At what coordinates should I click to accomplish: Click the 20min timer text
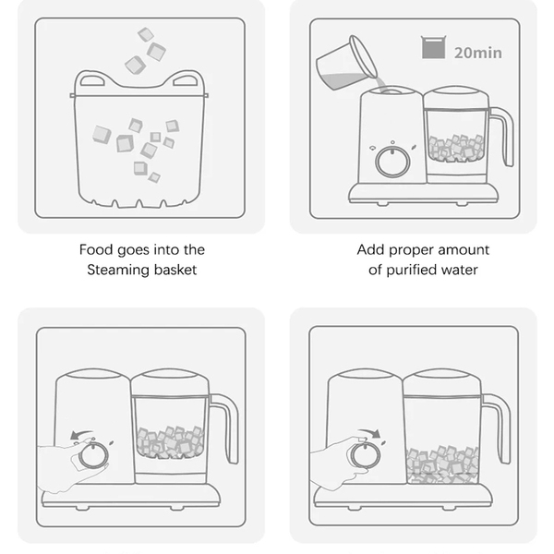(477, 53)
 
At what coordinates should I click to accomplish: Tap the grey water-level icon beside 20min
(433, 47)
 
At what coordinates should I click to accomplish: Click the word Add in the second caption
(370, 250)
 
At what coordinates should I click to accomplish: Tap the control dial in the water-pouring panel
(392, 162)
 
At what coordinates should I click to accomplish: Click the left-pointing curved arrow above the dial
(81, 434)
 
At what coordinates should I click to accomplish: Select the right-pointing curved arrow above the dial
(369, 432)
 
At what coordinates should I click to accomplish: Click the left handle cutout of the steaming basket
(92, 81)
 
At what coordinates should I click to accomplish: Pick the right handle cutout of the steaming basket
(186, 81)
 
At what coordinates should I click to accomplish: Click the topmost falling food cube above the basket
(146, 35)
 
